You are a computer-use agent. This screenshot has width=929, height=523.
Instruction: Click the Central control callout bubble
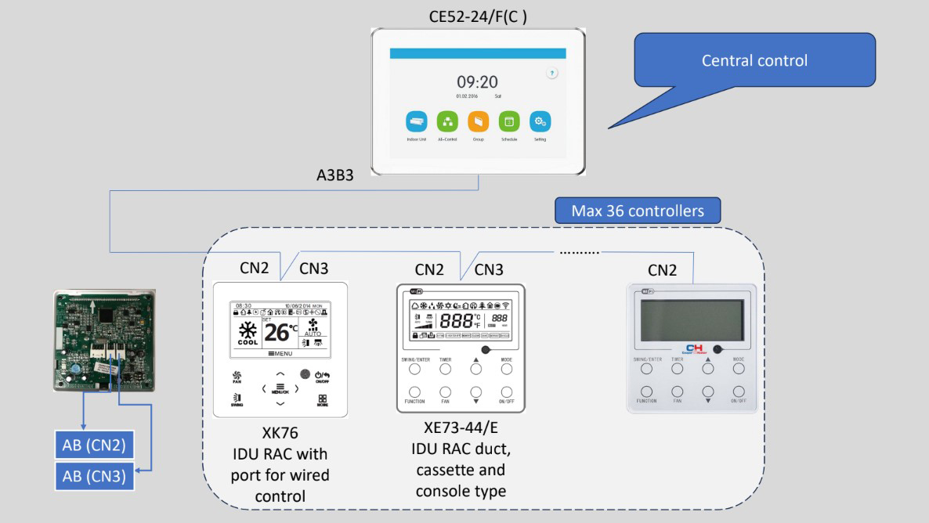754,60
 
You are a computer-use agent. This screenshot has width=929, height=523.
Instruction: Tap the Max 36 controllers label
637,211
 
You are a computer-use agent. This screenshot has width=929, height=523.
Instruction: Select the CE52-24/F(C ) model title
477,16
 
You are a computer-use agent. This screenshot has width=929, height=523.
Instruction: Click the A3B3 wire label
330,175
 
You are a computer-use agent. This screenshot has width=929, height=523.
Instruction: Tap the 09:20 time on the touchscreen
477,82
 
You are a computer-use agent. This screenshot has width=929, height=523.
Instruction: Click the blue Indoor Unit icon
416,121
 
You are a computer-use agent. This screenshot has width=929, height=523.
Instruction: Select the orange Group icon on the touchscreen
478,121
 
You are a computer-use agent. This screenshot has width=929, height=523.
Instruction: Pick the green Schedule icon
508,121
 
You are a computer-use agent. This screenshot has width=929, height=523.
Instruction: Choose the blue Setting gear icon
540,121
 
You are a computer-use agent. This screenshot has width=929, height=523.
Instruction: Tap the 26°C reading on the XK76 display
279,333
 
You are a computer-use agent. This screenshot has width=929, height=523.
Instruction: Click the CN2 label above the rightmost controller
663,270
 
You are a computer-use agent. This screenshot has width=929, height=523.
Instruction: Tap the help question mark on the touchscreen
551,73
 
